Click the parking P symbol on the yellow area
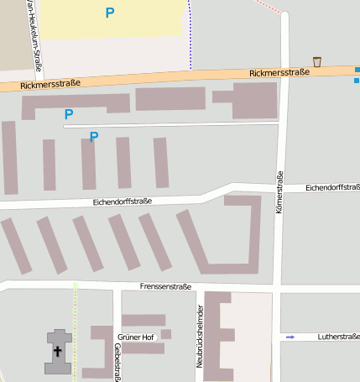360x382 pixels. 110,13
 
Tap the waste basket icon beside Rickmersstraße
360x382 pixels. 317,61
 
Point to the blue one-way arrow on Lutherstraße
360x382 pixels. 290,337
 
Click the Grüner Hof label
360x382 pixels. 136,338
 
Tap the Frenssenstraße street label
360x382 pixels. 166,286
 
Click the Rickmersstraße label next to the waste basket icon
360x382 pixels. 279,73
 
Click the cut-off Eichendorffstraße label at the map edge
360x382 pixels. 333,187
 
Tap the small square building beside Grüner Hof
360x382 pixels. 166,334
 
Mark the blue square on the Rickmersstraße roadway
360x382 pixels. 357,80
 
